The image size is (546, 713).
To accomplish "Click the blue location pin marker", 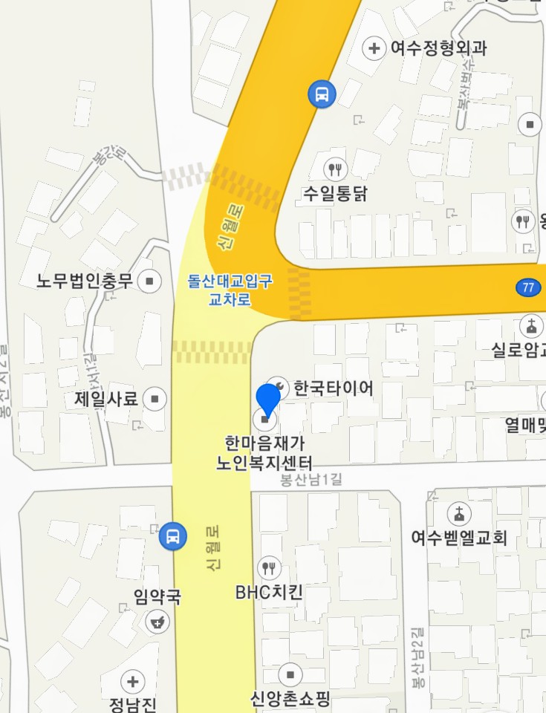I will [267, 402].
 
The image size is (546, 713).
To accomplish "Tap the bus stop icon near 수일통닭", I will [322, 94].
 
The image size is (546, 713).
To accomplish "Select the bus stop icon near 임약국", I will [172, 535].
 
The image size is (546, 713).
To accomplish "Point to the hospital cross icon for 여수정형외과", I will [374, 49].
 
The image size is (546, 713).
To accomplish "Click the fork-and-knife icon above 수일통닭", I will [337, 169].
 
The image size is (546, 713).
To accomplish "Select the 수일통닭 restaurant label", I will [335, 194].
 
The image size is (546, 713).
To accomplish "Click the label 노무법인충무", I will [85, 281].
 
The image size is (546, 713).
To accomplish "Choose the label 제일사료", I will [106, 399].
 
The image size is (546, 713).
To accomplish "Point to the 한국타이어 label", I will [334, 388].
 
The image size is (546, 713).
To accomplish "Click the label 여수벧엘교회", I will [459, 537].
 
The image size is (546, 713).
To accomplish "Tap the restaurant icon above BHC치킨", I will [269, 569].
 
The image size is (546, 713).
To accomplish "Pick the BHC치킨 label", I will [269, 593].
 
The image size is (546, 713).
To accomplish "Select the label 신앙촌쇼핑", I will [290, 699].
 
